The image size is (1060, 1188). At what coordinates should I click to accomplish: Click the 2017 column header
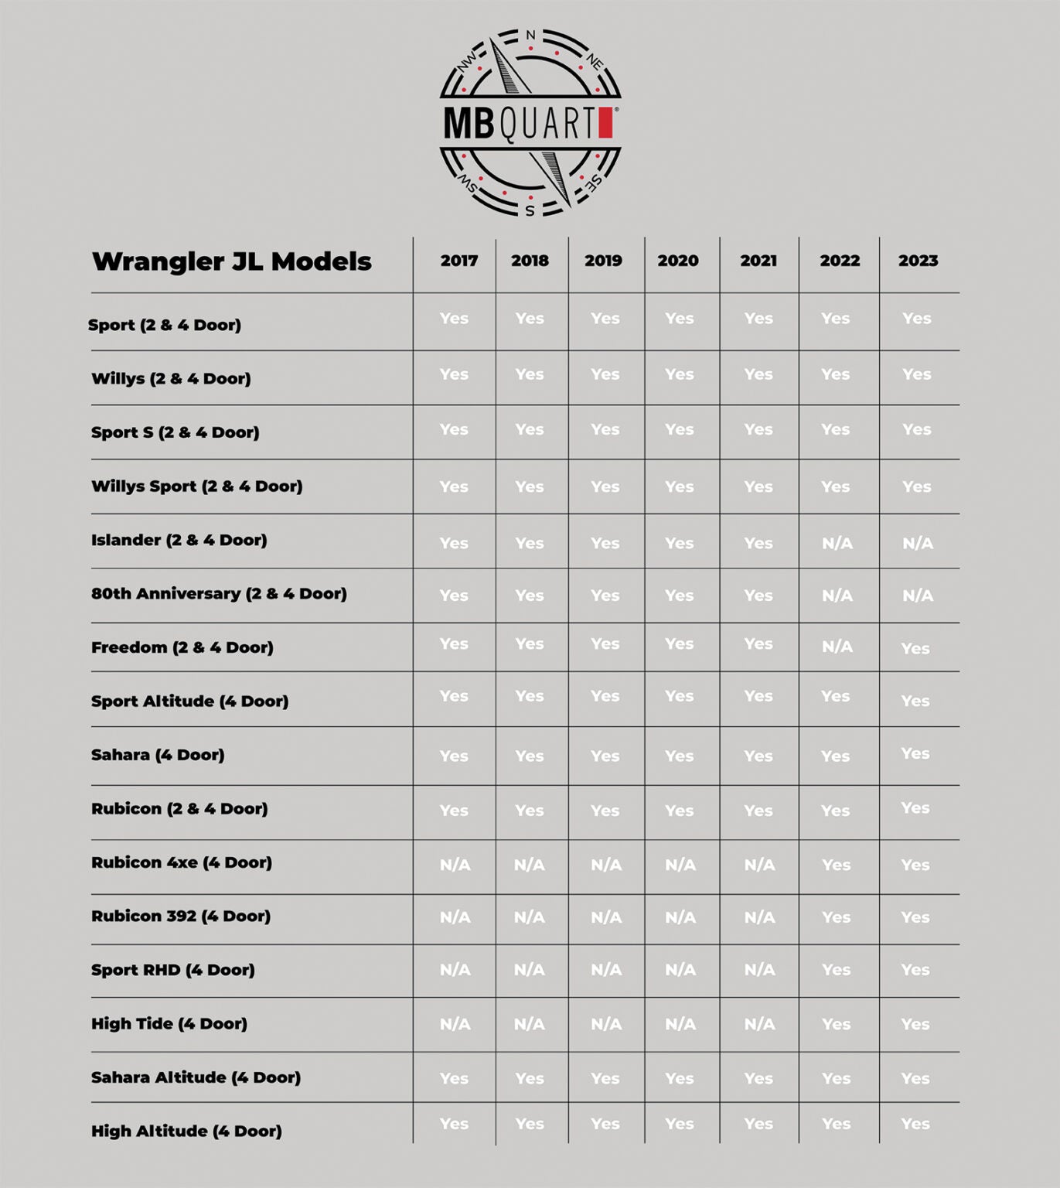pyautogui.click(x=459, y=261)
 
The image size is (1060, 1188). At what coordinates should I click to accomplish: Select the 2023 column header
pyautogui.click(x=918, y=261)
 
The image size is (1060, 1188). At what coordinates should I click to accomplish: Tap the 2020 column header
pyautogui.click(x=678, y=261)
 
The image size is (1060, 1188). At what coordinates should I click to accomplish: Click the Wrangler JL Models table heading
pyautogui.click(x=232, y=261)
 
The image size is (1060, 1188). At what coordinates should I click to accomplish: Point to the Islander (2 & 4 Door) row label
pyautogui.click(x=179, y=540)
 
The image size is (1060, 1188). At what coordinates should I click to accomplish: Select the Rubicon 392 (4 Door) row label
pyautogui.click(x=181, y=916)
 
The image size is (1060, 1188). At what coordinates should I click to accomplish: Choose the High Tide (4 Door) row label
pyautogui.click(x=169, y=1023)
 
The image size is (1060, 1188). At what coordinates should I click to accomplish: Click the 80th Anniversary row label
pyautogui.click(x=219, y=593)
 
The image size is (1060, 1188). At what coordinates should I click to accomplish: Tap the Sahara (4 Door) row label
pyautogui.click(x=158, y=755)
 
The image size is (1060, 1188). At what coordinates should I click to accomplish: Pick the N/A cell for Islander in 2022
pyautogui.click(x=837, y=544)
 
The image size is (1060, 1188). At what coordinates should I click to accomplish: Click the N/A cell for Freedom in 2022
pyautogui.click(x=837, y=647)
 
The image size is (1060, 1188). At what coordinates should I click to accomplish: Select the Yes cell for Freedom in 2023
pyautogui.click(x=915, y=649)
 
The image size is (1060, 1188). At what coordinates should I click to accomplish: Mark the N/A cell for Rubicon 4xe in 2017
pyautogui.click(x=455, y=865)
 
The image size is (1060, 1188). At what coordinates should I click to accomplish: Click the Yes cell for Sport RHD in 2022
pyautogui.click(x=836, y=970)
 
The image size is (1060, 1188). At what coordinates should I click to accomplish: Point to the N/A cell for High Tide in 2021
pyautogui.click(x=759, y=1024)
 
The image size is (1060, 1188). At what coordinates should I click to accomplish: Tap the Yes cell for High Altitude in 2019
pyautogui.click(x=605, y=1124)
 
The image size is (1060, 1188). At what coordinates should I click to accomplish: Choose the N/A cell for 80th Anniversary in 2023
pyautogui.click(x=918, y=596)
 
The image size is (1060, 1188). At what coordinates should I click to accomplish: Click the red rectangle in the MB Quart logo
pyautogui.click(x=605, y=123)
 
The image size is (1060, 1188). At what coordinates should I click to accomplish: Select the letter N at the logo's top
pyautogui.click(x=530, y=35)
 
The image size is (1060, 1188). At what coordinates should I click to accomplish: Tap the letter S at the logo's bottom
pyautogui.click(x=530, y=210)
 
